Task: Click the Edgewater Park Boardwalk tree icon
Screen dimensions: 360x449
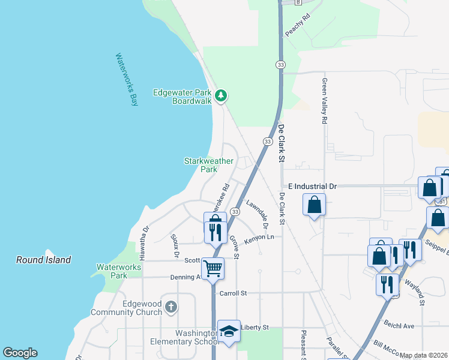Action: tap(221, 95)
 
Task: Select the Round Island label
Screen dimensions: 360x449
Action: tap(43, 260)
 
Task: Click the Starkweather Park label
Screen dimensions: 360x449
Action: tap(200, 165)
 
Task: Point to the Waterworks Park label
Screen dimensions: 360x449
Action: tap(112, 271)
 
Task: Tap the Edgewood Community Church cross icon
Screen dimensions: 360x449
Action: tap(171, 307)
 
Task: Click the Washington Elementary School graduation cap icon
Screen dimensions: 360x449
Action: tap(229, 331)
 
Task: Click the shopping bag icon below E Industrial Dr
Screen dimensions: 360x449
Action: tap(315, 205)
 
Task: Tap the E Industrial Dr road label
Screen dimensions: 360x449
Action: tap(312, 187)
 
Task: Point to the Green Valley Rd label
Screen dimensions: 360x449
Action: tap(325, 101)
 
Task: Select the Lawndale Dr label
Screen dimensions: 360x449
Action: tap(256, 211)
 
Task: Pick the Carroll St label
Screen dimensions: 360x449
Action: tap(234, 293)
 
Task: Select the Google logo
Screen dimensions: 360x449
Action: tap(20, 353)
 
